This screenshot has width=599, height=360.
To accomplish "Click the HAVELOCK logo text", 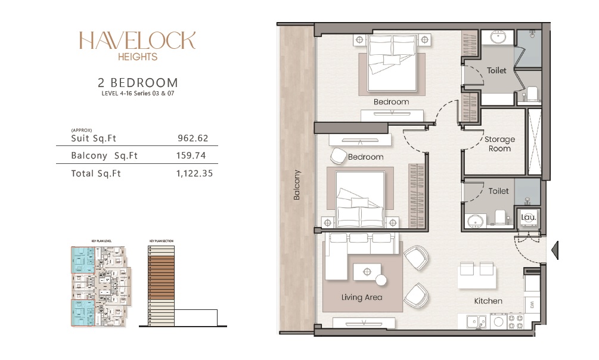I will pyautogui.click(x=137, y=41).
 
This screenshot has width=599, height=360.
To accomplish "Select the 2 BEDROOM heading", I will pyautogui.click(x=137, y=82).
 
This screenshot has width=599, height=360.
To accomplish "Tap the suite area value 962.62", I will pyautogui.click(x=193, y=138).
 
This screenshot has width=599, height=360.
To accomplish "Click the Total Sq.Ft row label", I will pyautogui.click(x=96, y=173).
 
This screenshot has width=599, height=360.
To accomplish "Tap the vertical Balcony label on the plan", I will pyautogui.click(x=297, y=185).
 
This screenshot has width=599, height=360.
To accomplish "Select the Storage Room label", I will pyautogui.click(x=499, y=144).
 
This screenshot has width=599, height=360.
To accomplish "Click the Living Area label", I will pyautogui.click(x=361, y=297).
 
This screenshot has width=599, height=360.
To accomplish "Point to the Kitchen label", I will pyautogui.click(x=488, y=301).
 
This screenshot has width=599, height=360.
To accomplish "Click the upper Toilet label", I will pyautogui.click(x=496, y=70).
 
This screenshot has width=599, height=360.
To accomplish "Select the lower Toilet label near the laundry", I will pyautogui.click(x=498, y=191).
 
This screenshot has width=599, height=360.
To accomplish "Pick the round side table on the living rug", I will pyautogui.click(x=380, y=280).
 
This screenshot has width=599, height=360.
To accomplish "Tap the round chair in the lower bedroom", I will pyautogui.click(x=337, y=156).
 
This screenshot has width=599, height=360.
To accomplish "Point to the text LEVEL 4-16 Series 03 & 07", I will pyautogui.click(x=137, y=94).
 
